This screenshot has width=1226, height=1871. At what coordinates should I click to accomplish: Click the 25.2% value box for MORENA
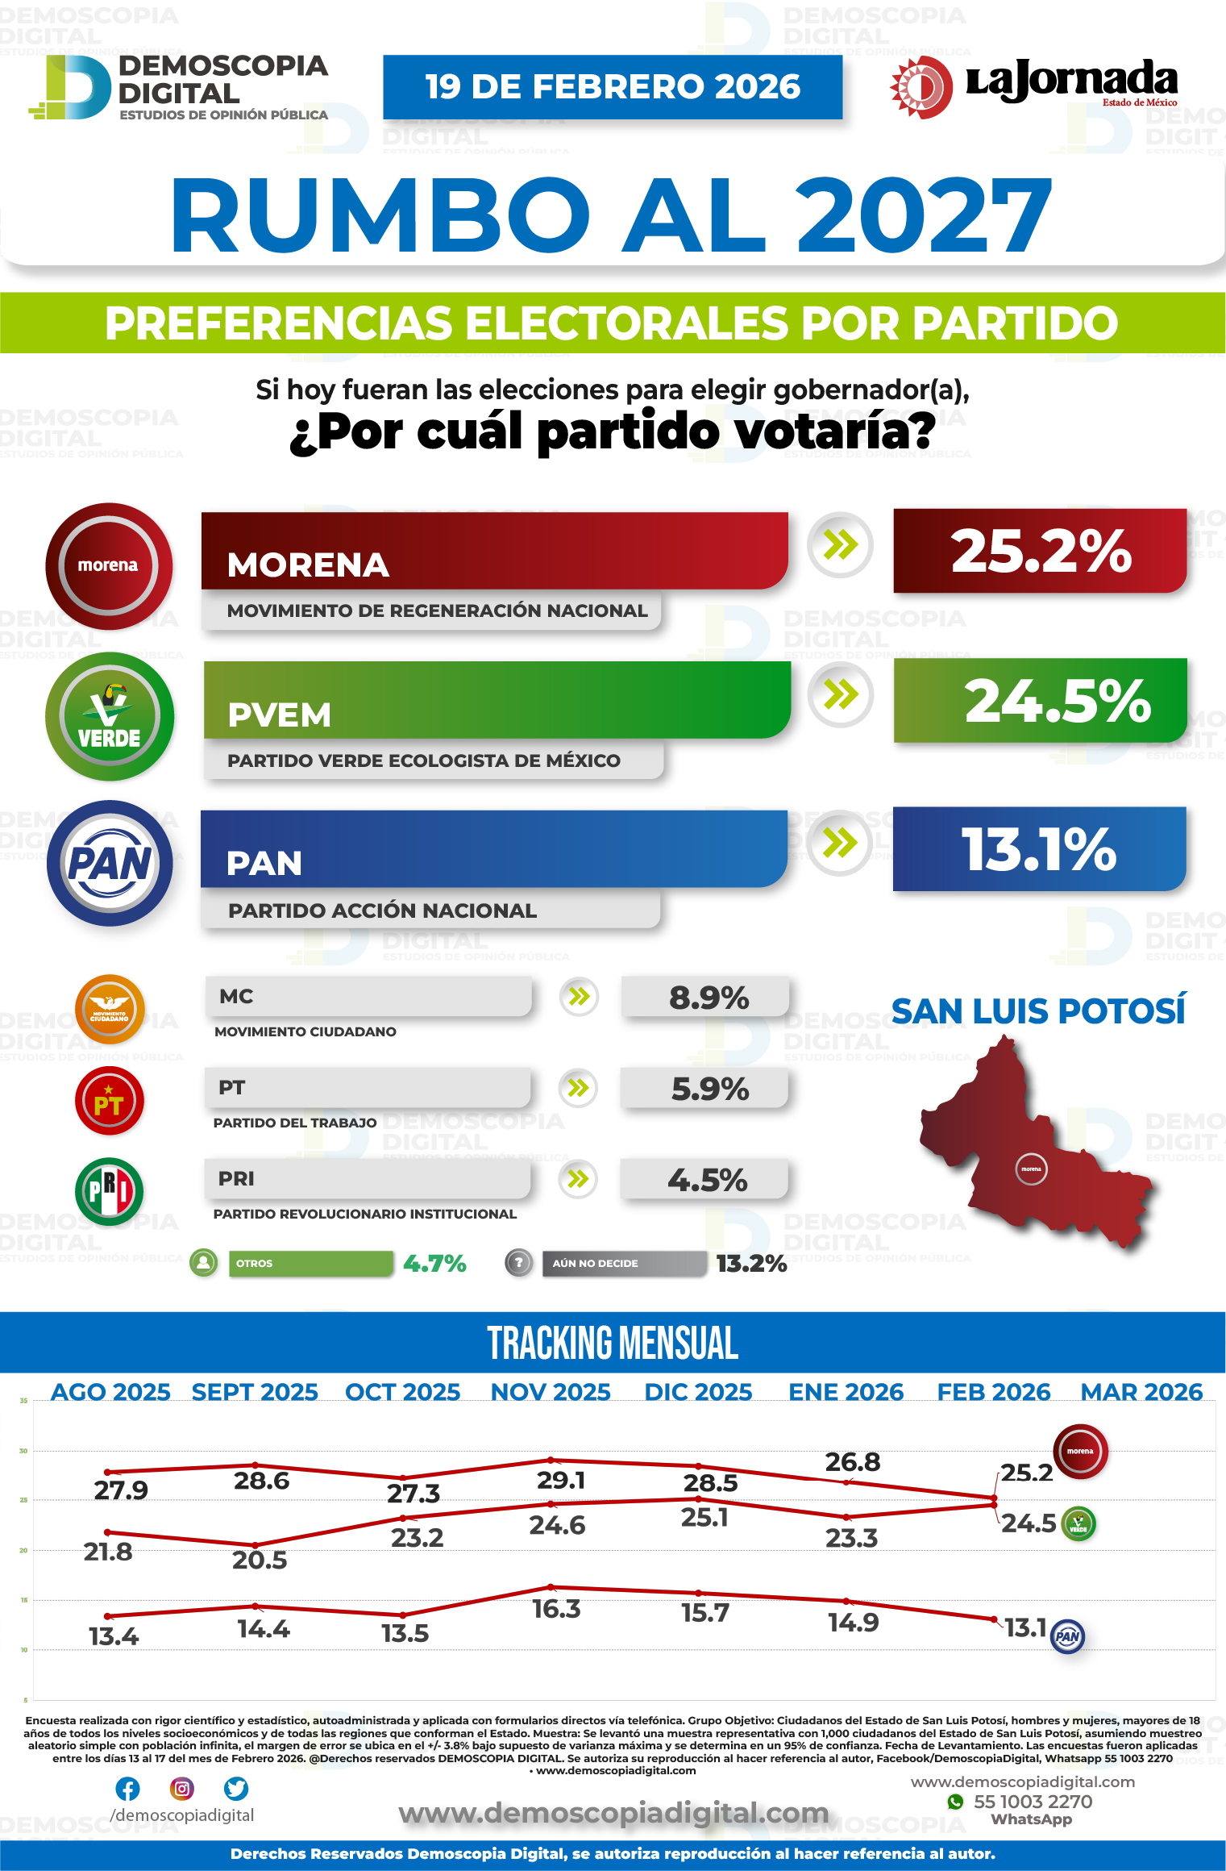click(x=1040, y=552)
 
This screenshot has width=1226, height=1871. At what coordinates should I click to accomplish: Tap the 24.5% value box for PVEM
click(x=1040, y=701)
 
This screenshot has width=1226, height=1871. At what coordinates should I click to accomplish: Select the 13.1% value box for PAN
click(x=1039, y=849)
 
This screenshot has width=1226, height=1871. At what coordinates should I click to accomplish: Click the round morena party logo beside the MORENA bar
click(x=109, y=566)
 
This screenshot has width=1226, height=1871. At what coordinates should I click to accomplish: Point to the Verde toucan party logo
click(x=110, y=716)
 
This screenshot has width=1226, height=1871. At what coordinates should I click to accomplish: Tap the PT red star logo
click(x=109, y=1101)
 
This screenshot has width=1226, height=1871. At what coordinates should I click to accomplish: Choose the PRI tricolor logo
click(x=109, y=1191)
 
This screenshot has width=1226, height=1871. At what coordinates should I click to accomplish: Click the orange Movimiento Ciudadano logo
click(x=110, y=1010)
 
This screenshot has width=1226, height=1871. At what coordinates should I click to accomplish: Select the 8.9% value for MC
click(x=707, y=998)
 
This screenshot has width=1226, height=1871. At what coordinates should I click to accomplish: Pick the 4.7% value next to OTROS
click(x=434, y=1263)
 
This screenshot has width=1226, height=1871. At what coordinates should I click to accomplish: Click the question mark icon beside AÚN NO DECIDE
click(x=519, y=1263)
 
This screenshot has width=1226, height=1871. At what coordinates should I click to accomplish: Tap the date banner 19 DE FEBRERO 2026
click(x=613, y=87)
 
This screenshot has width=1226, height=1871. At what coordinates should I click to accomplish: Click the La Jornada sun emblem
click(x=921, y=87)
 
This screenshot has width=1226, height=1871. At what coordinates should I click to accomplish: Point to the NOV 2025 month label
click(x=551, y=1392)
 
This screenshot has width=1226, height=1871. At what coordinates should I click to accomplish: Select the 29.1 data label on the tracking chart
click(x=560, y=1480)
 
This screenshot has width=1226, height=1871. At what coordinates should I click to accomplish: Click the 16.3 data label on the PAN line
click(x=556, y=1609)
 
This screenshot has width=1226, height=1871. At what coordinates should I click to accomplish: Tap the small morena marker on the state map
click(x=1031, y=1169)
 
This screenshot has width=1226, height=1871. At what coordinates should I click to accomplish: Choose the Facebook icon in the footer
click(x=127, y=1789)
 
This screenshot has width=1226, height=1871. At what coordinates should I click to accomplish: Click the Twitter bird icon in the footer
click(x=236, y=1789)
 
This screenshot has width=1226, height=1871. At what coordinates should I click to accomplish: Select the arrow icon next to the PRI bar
click(x=578, y=1179)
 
